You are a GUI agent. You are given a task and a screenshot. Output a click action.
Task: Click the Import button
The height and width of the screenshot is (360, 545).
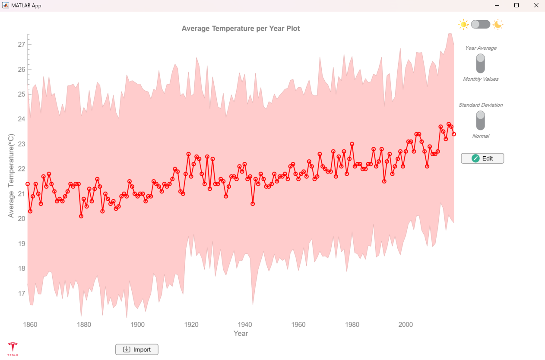click(x=137, y=349)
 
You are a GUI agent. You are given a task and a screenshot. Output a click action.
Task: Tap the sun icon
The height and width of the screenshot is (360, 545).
click(x=463, y=24)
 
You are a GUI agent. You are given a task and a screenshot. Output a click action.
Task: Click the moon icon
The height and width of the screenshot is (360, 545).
click(x=498, y=24)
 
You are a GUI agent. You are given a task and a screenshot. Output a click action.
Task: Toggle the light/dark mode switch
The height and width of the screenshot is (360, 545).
click(x=480, y=24)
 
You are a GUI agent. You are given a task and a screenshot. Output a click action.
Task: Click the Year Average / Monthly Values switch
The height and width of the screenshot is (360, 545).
click(x=480, y=63)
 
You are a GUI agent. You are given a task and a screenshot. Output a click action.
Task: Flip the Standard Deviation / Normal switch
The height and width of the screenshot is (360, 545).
click(x=480, y=120)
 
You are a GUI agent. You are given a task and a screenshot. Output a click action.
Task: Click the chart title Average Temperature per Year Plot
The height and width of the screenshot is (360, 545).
click(x=241, y=28)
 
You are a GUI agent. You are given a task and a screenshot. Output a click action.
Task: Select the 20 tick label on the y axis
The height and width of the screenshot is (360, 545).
click(x=21, y=218)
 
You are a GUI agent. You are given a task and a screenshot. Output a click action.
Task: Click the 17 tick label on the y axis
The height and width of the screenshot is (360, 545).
click(x=21, y=294)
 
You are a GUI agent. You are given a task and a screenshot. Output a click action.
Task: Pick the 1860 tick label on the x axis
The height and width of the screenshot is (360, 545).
click(x=30, y=325)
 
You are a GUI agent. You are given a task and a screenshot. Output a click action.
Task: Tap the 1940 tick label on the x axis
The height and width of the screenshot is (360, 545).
click(x=245, y=325)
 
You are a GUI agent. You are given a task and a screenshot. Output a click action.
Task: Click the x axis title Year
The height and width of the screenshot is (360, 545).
click(x=241, y=333)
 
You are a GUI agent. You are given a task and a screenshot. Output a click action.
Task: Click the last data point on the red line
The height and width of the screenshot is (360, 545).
click(x=454, y=134)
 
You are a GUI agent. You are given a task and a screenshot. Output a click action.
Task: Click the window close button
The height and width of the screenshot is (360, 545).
click(x=536, y=6)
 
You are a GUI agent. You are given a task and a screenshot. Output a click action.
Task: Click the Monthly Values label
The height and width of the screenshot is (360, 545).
click(x=480, y=79)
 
